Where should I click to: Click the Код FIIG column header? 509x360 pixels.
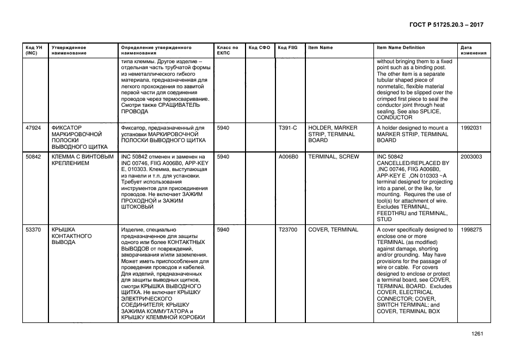[x=287, y=48]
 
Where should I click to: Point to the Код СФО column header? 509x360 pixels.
[x=259, y=48]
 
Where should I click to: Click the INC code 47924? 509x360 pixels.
[x=34, y=128]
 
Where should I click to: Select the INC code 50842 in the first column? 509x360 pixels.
[x=34, y=157]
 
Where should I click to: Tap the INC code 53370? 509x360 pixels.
[x=34, y=230]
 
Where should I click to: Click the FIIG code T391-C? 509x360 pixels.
[x=287, y=128]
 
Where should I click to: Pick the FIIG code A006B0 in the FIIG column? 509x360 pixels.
[x=289, y=157]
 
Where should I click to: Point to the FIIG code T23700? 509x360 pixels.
[x=288, y=230]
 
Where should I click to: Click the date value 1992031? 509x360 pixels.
[x=471, y=128]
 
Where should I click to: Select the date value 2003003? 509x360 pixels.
[x=471, y=157]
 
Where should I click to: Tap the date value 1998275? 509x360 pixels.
[x=471, y=230]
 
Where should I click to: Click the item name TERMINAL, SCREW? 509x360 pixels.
[x=333, y=157]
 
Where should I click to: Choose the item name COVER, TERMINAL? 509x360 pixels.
[x=333, y=230]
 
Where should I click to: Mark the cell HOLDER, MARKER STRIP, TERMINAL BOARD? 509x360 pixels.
[x=332, y=134]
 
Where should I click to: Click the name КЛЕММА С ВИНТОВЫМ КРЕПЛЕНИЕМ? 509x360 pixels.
[x=82, y=160]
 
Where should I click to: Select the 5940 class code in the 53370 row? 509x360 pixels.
[x=223, y=230]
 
